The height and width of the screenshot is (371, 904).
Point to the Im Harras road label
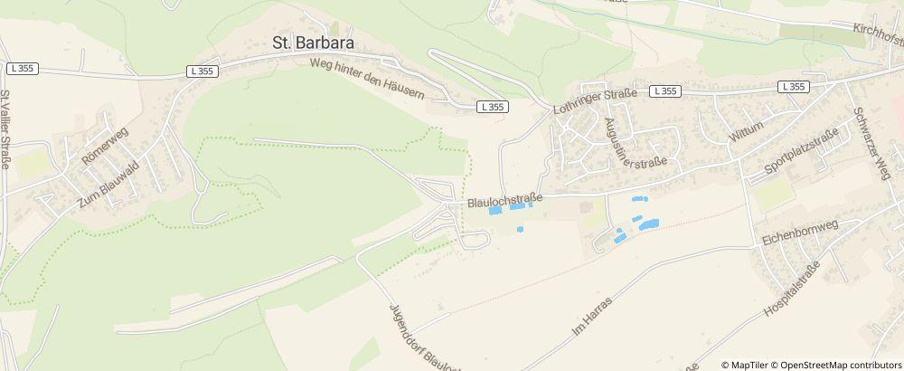click(592, 316)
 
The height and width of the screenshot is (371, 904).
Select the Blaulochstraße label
click(504, 201)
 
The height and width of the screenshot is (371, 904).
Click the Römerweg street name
click(106, 145)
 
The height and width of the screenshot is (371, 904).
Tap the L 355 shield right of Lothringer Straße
click(665, 90)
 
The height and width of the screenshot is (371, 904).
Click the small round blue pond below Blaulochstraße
click(520, 229)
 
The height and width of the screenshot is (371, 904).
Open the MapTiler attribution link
click(749, 365)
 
